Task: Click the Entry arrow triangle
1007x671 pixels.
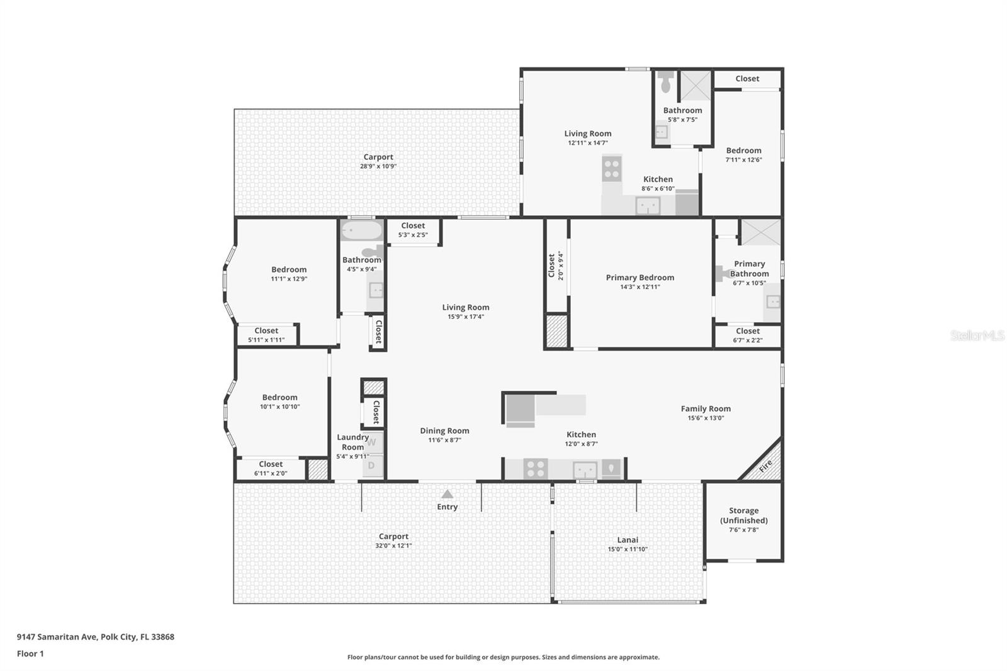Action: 447,493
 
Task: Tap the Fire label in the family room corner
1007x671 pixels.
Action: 765,465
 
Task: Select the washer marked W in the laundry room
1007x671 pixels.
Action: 373,443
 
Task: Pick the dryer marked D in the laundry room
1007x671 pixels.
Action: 373,466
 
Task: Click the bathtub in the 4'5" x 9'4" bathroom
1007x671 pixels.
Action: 361,231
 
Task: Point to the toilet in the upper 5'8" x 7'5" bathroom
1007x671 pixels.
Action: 666,81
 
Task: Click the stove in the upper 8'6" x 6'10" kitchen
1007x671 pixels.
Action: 612,168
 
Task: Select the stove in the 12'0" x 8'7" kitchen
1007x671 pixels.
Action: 536,468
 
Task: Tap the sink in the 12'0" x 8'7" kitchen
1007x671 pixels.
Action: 585,470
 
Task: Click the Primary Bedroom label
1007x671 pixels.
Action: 639,278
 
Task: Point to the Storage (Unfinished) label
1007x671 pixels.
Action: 743,516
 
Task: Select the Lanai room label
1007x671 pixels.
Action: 627,539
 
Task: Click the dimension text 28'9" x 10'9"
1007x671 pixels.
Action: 378,166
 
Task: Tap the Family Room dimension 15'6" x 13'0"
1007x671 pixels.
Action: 706,418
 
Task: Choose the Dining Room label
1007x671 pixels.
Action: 444,431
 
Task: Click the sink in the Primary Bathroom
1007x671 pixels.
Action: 773,302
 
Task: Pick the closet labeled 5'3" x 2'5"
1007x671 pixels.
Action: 413,232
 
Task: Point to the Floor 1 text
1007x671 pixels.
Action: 30,653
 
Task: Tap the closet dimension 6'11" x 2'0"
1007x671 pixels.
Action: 271,473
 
